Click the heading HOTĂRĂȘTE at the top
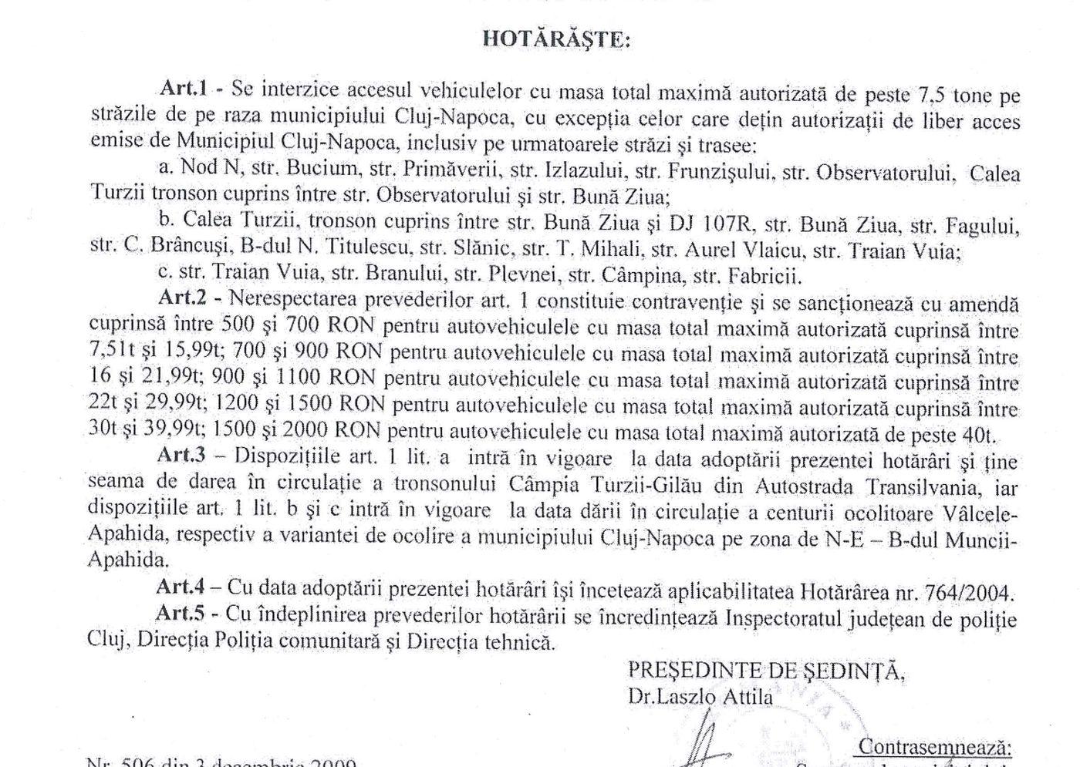point(555,39)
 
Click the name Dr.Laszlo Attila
point(700,697)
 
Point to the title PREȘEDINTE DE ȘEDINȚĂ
point(766,671)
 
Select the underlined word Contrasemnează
point(933,746)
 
